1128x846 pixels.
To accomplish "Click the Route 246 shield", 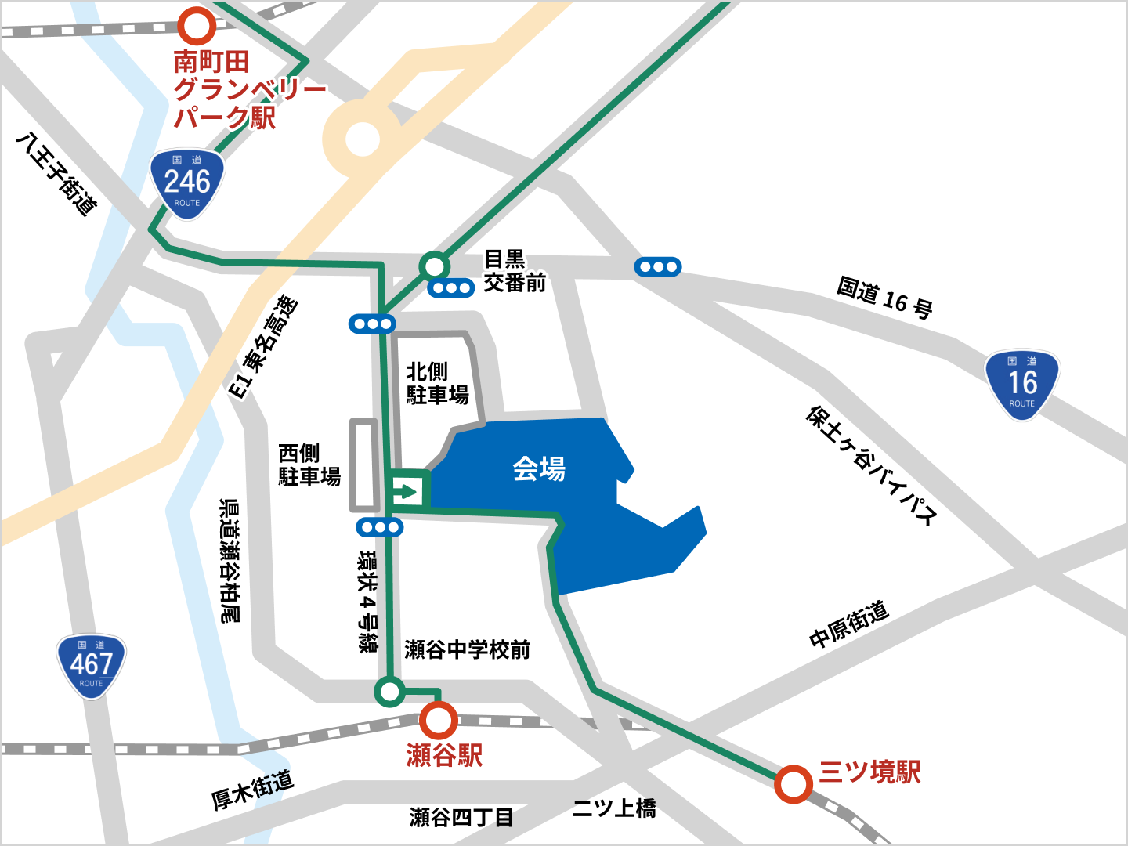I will tap(187, 183).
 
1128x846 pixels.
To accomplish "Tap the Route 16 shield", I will tap(1021, 384).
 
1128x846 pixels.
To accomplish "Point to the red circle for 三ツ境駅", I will tap(794, 783).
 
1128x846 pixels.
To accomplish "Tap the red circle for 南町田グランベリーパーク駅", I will tap(197, 25).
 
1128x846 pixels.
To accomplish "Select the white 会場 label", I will tap(539, 468).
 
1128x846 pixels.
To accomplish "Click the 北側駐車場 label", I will tap(437, 383).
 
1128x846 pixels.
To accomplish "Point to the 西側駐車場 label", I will tap(309, 465).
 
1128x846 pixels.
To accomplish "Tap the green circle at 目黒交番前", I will tap(433, 266).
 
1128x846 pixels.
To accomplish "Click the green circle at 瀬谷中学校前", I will tap(389, 692).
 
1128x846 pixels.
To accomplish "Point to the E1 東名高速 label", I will tap(263, 347).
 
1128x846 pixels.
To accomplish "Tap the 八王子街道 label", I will tap(57, 174).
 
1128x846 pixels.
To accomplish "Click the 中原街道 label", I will tap(849, 624).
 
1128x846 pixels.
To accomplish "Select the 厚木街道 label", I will tap(252, 790).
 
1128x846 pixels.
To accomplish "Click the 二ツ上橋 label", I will tap(614, 808).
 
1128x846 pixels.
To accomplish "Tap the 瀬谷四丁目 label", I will tap(461, 818).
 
